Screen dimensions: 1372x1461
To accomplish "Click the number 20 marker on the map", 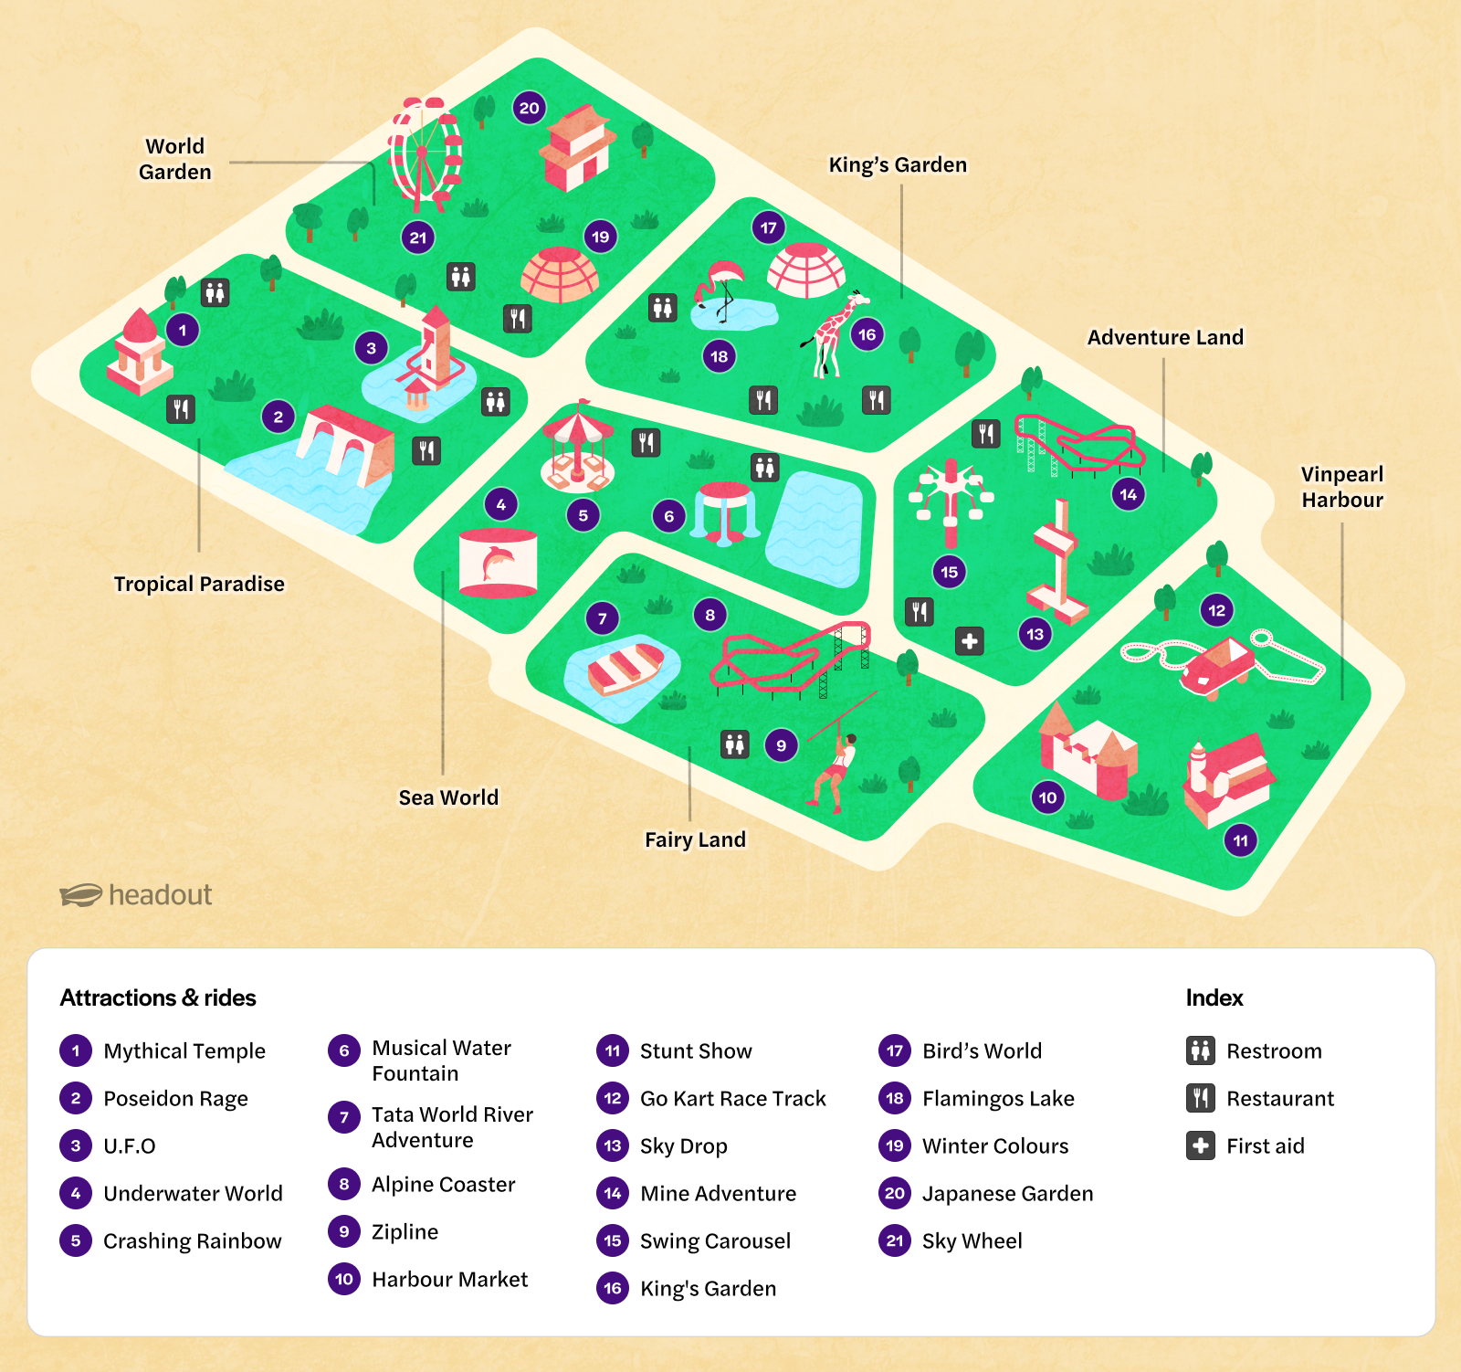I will [530, 108].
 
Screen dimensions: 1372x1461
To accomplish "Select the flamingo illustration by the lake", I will [721, 285].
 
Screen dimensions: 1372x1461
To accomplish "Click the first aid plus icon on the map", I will [970, 641].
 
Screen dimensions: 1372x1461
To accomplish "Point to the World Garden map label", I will [175, 159].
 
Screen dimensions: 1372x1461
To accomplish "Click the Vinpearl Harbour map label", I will [1342, 487].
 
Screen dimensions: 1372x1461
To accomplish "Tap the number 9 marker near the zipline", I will [781, 745].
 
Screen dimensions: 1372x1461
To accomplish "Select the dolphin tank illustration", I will [498, 562].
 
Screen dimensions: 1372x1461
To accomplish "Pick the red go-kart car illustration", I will [1218, 664].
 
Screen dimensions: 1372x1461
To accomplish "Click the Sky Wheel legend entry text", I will [972, 1240].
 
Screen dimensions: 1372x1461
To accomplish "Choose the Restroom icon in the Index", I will [1201, 1050].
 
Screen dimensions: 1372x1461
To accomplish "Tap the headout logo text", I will [160, 895].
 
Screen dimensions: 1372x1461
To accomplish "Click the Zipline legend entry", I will [405, 1231].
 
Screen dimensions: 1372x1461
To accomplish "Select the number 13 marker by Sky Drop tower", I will [1035, 634].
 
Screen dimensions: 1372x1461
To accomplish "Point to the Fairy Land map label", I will [695, 839].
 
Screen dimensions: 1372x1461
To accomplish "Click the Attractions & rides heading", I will [158, 997].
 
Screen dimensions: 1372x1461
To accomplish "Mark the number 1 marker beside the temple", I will [183, 330].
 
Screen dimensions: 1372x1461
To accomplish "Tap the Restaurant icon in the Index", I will [1201, 1098].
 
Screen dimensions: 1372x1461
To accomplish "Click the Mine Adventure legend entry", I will [718, 1193].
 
